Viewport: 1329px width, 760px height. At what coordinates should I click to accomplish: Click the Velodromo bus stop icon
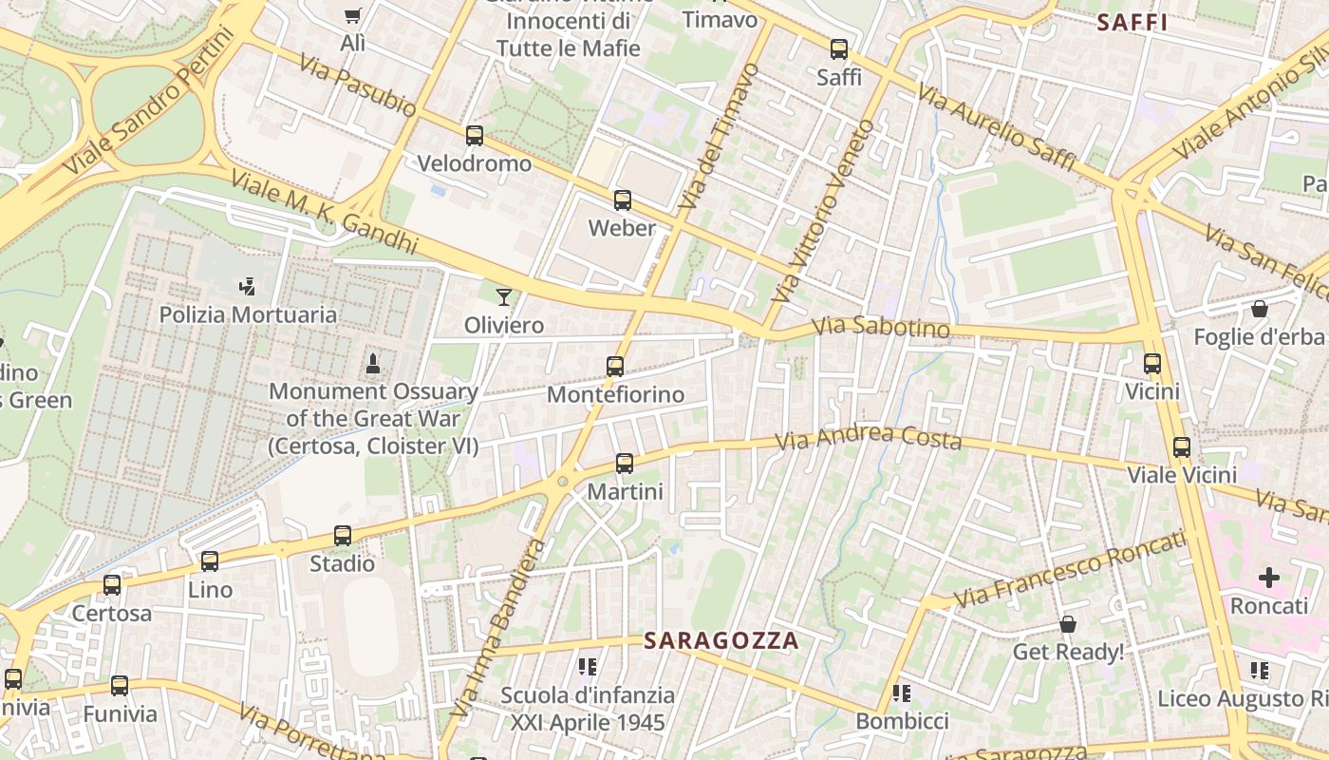475,136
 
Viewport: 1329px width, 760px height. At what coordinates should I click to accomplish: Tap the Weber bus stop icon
623,200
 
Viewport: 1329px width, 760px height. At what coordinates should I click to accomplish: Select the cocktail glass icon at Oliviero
504,297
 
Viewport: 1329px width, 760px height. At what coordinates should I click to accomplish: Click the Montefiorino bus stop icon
615,366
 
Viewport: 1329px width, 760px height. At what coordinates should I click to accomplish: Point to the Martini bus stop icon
625,464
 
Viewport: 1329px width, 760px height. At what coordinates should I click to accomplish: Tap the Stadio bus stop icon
343,536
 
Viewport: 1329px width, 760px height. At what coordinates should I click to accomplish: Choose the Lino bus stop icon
210,561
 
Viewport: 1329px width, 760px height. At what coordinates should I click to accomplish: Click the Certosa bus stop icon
112,585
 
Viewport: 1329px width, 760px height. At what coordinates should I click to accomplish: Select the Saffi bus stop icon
839,49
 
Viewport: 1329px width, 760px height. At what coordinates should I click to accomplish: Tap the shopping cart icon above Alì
353,15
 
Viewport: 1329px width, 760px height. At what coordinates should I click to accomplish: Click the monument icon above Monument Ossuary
373,363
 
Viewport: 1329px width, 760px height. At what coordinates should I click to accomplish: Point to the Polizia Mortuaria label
248,314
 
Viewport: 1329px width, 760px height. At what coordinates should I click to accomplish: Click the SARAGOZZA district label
721,641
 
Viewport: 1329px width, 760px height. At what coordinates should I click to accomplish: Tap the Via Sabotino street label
881,327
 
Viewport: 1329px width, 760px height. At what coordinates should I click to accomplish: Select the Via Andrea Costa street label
869,438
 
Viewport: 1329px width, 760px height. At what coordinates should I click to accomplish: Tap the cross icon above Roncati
1269,577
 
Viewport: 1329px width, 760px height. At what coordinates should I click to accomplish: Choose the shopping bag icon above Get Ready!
1068,624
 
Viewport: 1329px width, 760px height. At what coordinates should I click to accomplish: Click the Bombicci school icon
902,693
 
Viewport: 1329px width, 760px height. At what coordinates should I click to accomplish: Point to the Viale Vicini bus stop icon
1182,447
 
